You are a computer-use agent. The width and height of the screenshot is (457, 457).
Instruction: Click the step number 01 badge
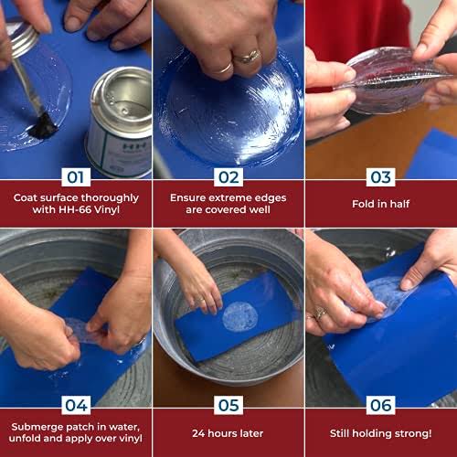coord(76,177)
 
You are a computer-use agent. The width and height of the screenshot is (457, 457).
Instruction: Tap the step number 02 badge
coord(228,177)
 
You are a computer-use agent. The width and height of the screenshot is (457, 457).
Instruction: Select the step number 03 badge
coord(381,177)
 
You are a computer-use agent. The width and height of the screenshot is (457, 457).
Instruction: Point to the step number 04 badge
coord(76,405)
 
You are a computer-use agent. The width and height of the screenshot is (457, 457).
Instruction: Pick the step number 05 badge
coord(228,405)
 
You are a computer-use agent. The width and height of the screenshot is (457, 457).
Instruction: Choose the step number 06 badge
coord(381,405)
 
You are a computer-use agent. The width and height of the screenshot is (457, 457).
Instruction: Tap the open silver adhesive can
coord(121,122)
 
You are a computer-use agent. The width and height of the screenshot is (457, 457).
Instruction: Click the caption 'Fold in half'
coord(381,204)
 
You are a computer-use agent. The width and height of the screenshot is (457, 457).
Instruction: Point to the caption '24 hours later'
coord(228,433)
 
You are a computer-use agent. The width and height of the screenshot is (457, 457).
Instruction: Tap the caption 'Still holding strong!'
coord(381,433)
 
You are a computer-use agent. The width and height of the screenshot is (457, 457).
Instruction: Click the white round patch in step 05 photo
coord(240,317)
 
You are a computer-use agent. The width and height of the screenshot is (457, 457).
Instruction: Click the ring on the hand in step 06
coord(321,314)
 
